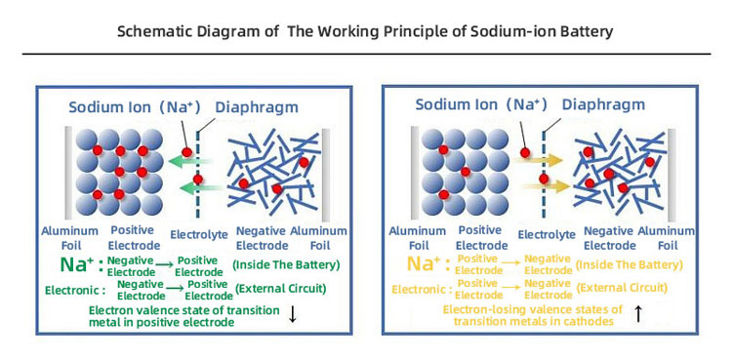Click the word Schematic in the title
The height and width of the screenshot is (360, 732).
(157, 31)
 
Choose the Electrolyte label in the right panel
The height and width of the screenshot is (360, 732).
(543, 234)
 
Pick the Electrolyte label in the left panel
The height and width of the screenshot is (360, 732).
(199, 234)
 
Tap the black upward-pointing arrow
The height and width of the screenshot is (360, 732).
(637, 313)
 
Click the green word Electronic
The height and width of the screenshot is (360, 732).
(74, 290)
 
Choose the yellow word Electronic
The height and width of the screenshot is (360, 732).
(421, 290)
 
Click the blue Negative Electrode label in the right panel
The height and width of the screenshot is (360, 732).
(608, 238)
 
